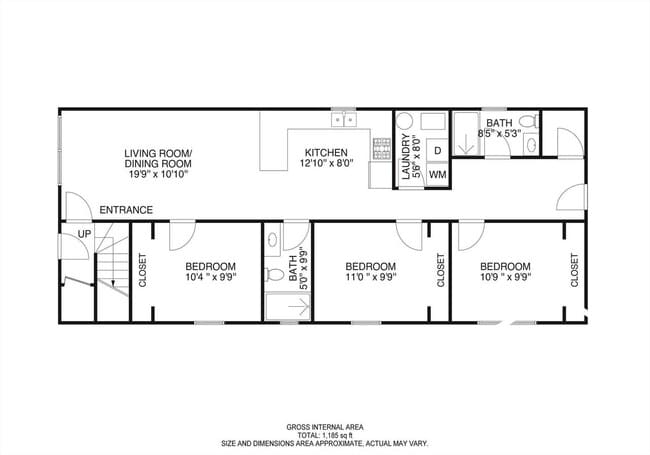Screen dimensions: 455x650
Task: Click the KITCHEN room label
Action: (325, 153)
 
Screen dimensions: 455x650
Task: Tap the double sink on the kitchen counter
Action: (345, 119)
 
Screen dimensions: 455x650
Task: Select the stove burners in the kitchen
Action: (382, 149)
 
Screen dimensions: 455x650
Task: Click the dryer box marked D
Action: (437, 150)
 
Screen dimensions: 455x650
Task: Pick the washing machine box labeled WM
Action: (437, 174)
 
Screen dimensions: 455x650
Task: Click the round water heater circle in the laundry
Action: (405, 122)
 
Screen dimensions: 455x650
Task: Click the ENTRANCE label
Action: (126, 210)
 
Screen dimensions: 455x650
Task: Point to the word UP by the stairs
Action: (84, 233)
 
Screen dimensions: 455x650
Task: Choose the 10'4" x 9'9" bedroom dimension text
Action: (211, 278)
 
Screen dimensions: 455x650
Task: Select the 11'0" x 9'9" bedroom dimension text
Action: (370, 278)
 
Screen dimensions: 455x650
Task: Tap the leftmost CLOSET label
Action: (142, 270)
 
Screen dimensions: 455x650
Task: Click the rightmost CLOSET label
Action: (574, 270)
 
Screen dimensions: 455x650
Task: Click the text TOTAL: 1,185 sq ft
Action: (324, 435)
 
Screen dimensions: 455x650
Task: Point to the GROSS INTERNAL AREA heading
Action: (324, 426)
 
